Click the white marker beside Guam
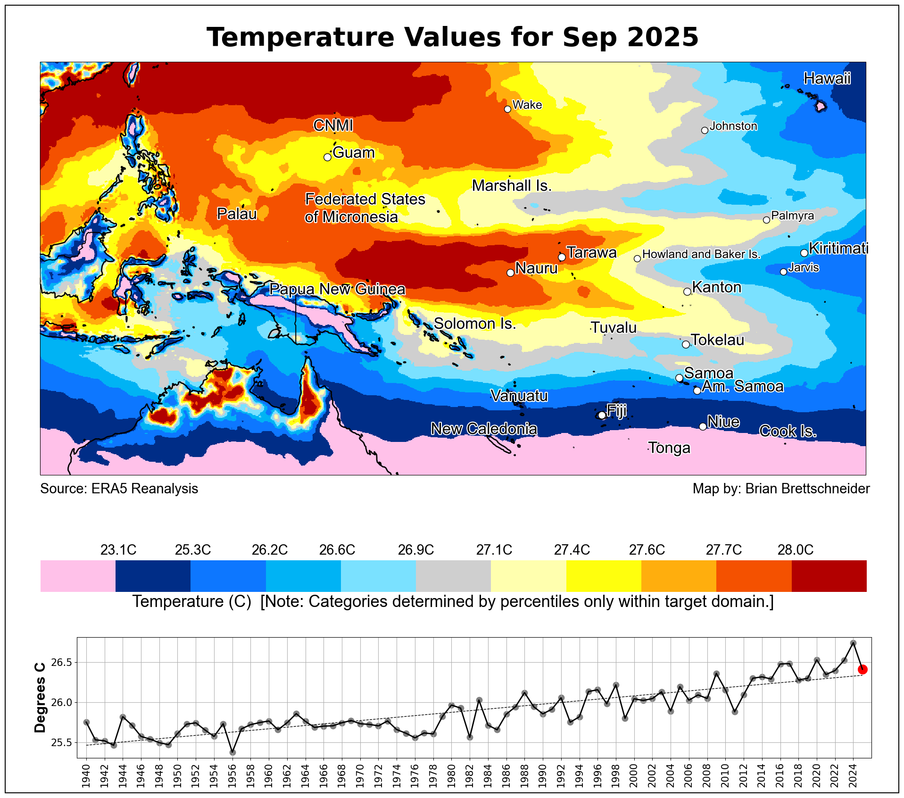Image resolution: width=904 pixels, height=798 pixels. [327, 157]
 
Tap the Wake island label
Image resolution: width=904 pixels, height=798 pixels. [527, 105]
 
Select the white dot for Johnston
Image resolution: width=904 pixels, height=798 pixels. [705, 130]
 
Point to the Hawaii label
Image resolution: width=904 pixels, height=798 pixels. [827, 78]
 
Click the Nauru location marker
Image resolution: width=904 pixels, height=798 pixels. [510, 273]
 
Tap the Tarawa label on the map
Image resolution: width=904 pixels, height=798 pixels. [591, 253]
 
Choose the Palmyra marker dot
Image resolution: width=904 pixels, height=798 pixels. [766, 220]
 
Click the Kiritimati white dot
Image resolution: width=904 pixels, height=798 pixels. [804, 253]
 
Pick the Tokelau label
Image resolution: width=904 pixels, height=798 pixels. [717, 340]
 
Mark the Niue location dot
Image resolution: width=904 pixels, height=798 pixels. [703, 426]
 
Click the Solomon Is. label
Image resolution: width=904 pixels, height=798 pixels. [474, 324]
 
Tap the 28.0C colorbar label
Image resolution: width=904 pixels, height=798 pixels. [795, 550]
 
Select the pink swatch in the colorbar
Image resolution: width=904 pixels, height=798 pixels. [78, 575]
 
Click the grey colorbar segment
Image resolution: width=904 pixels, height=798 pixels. [453, 575]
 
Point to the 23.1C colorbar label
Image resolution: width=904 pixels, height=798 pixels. [118, 550]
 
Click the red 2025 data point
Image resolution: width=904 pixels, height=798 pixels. [863, 669]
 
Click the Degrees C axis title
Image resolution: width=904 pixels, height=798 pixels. [41, 698]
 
